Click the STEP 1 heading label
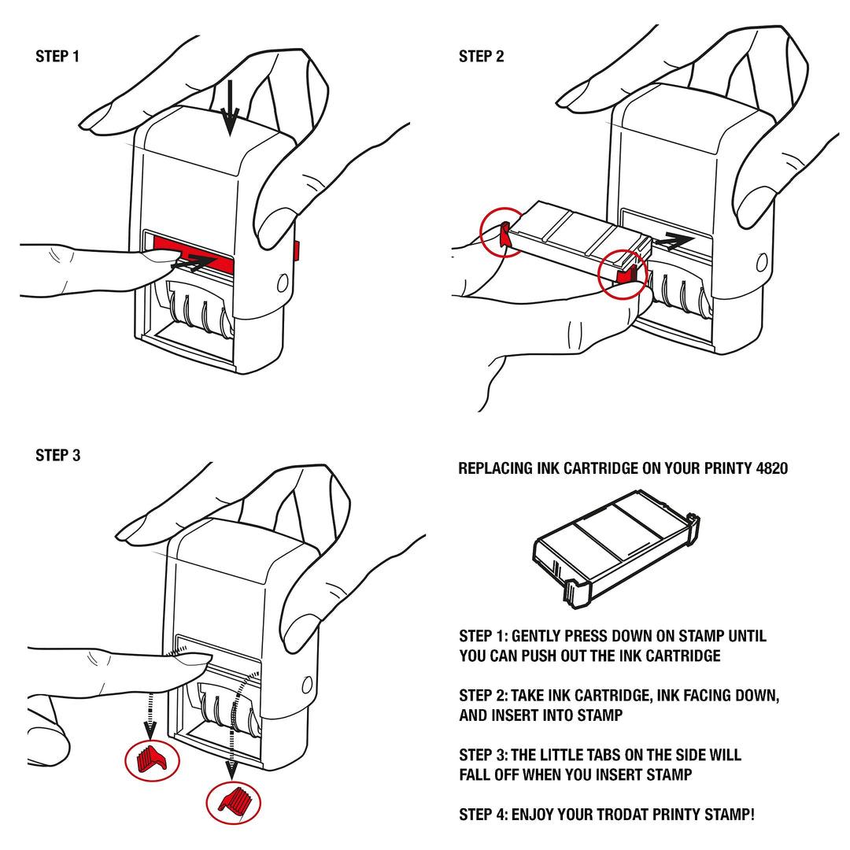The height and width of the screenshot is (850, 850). pyautogui.click(x=57, y=57)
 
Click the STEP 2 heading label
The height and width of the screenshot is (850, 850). pyautogui.click(x=481, y=57)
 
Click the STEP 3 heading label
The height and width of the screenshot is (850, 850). pyautogui.click(x=57, y=456)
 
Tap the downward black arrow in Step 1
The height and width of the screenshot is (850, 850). pyautogui.click(x=230, y=110)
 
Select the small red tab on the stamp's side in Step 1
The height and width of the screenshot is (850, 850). pyautogui.click(x=297, y=251)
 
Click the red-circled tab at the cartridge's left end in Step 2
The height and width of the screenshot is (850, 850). pyautogui.click(x=501, y=233)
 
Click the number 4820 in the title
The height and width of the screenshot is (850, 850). pyautogui.click(x=771, y=468)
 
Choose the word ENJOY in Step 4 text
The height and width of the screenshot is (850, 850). pyautogui.click(x=537, y=815)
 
